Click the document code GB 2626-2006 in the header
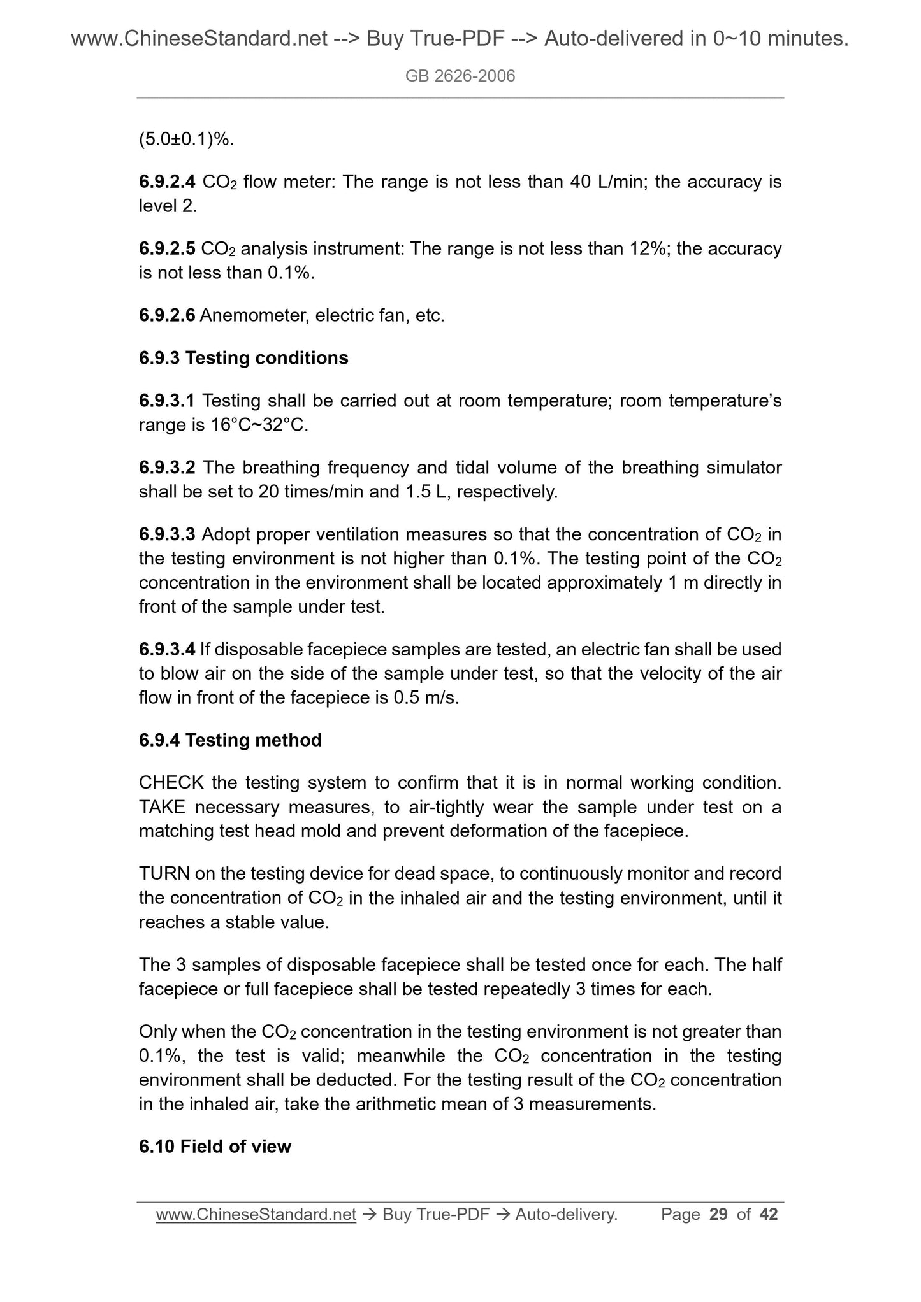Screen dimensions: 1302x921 pyautogui.click(x=460, y=76)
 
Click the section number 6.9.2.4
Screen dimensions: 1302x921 pyautogui.click(x=167, y=183)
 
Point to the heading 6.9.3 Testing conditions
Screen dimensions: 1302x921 pyautogui.click(x=243, y=358)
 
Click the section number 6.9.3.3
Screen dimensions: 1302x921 pyautogui.click(x=167, y=534)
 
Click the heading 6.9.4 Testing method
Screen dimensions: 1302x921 pyautogui.click(x=230, y=740)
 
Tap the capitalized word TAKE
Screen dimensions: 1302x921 pyautogui.click(x=162, y=807)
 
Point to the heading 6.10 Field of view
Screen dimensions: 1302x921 pyautogui.click(x=215, y=1147)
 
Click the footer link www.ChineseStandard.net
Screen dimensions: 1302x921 pyautogui.click(x=256, y=1215)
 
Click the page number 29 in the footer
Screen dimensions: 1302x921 pyautogui.click(x=718, y=1215)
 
